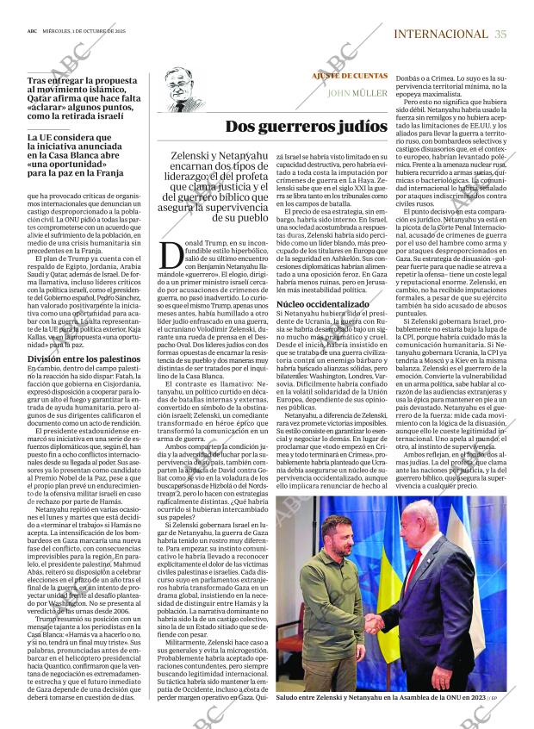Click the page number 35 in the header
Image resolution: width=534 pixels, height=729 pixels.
tap(500, 34)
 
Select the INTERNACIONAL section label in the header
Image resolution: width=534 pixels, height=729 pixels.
tap(440, 34)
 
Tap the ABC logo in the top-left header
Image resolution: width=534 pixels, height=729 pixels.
tap(31, 34)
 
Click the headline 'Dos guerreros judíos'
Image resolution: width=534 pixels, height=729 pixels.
tap(306, 127)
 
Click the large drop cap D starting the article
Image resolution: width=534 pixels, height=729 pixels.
tap(173, 255)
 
